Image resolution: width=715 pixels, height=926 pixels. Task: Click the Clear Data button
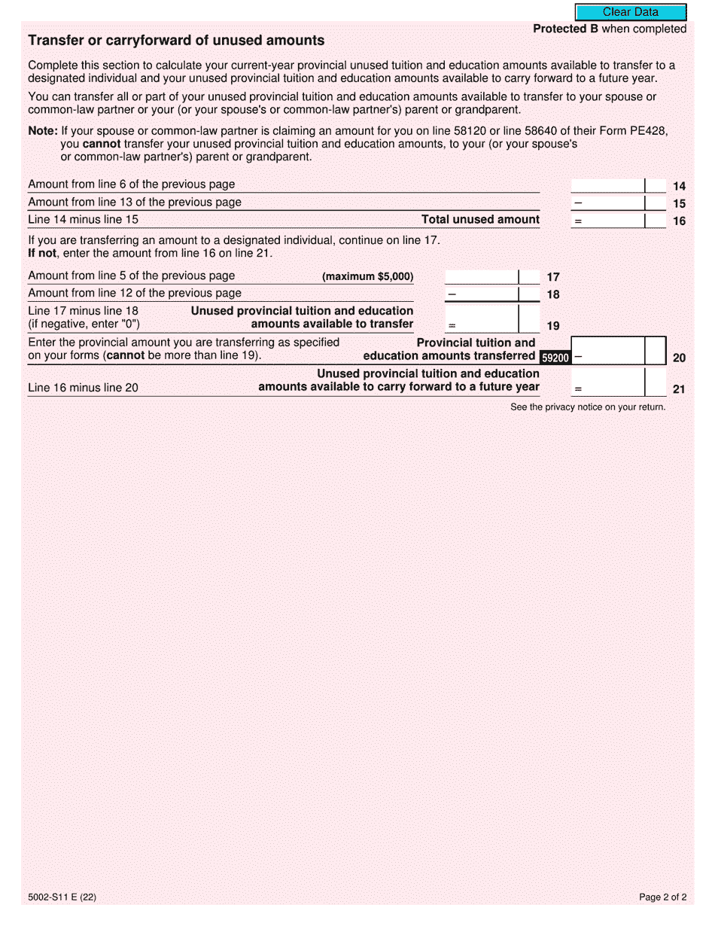630,12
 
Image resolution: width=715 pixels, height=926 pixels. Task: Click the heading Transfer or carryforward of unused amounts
176,41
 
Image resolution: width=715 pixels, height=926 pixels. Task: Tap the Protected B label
559,29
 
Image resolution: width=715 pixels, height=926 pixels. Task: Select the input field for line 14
607,185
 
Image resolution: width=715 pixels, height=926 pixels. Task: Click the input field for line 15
607,203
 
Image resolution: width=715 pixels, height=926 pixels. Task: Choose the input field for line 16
607,220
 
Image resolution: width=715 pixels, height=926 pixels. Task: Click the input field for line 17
482,276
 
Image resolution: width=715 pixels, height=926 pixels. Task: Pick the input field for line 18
482,294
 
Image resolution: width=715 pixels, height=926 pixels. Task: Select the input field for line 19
482,318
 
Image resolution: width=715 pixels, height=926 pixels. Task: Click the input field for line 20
607,350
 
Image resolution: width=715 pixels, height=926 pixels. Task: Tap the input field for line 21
607,382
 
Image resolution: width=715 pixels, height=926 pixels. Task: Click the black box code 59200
555,358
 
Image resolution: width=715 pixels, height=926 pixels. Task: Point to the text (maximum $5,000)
367,276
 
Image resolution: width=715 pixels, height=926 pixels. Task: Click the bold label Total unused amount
480,220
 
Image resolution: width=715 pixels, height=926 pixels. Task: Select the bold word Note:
42,130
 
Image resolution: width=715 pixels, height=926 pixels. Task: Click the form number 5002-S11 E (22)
62,897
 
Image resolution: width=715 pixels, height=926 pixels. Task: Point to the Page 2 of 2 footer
662,897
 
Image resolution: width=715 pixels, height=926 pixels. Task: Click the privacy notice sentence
588,407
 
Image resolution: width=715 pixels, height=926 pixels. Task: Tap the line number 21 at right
679,390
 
